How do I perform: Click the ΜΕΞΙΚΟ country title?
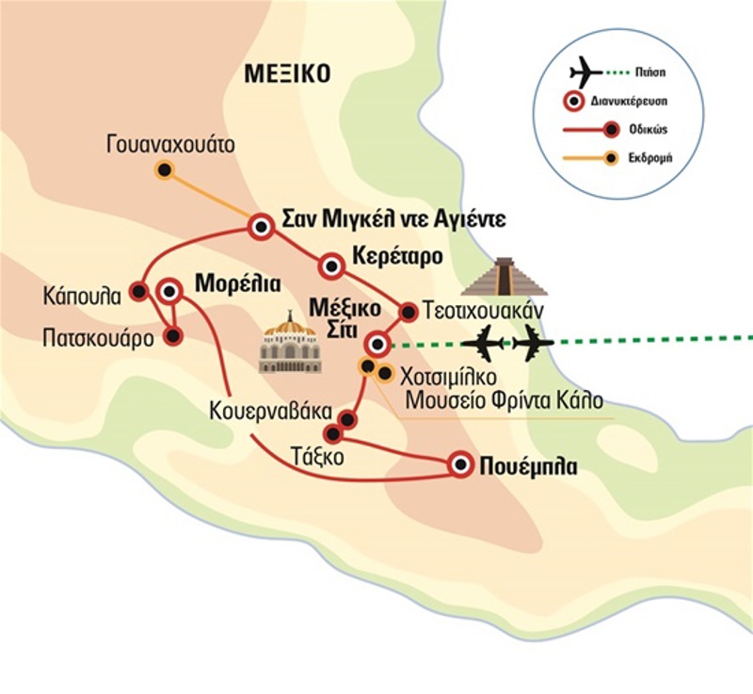(x=285, y=73)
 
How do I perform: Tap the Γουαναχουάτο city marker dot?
(x=165, y=169)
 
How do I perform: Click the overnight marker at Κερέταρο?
(x=330, y=266)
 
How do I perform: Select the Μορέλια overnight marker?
(x=170, y=290)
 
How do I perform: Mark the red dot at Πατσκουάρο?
(x=172, y=334)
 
